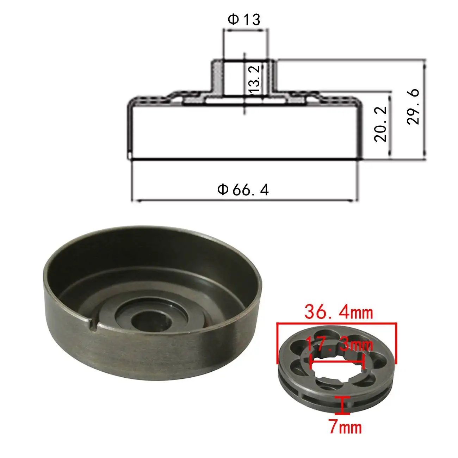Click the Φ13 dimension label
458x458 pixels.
244,20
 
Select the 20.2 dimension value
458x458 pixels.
381,124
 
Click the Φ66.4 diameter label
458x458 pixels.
243,190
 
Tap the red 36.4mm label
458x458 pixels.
338,312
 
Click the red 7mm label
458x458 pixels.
345,427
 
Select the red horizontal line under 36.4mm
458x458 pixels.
337,323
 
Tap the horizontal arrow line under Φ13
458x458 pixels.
246,31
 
